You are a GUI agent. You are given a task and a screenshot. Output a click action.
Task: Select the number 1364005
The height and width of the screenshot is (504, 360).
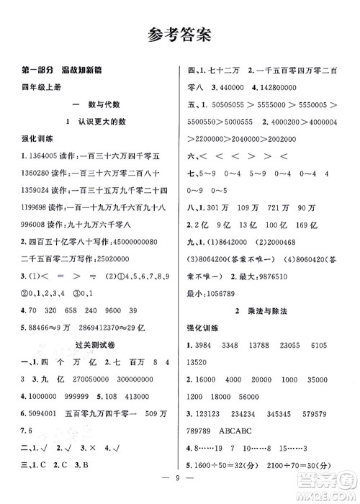pos(40,156)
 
